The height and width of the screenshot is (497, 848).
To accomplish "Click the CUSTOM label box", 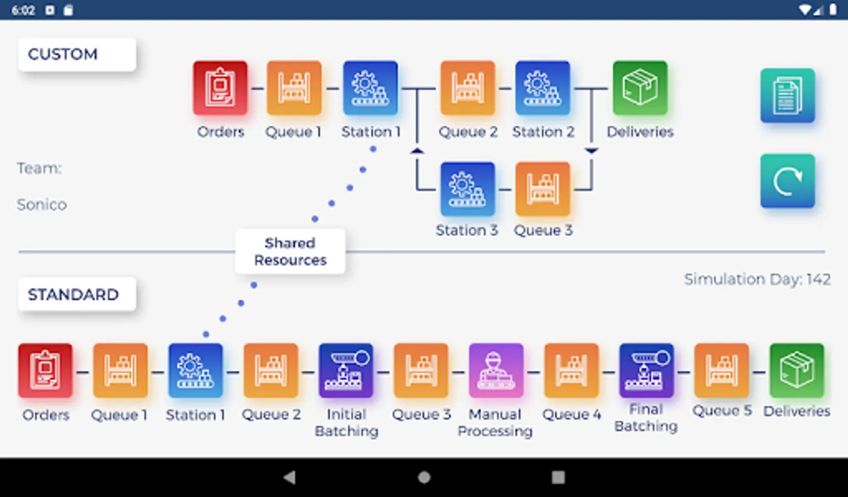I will (x=77, y=54).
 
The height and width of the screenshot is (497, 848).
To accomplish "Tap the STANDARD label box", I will (x=77, y=294).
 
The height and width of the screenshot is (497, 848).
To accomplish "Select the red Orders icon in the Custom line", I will (x=220, y=88).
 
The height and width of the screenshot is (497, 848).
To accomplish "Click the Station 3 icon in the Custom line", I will (x=467, y=189).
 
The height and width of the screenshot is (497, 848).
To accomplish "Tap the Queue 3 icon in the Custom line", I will (x=543, y=189).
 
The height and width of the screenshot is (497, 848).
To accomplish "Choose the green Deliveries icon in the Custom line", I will (x=640, y=88).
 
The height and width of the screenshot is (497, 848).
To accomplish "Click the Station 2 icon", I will (x=543, y=88).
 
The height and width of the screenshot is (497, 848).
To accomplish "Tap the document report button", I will (x=787, y=96).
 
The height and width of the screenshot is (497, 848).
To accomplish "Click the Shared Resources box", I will (x=290, y=251).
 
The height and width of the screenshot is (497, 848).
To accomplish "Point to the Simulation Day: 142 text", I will (x=757, y=279).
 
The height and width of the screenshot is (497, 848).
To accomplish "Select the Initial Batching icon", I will (x=346, y=371).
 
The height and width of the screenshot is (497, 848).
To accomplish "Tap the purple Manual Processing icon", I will (x=496, y=371).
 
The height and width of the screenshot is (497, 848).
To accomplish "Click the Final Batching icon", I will (x=646, y=371).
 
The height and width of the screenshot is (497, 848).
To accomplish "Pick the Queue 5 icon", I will (x=721, y=371).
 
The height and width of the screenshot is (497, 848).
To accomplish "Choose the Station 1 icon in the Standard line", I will (x=195, y=371).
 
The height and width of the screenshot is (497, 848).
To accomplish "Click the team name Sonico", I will (x=42, y=205).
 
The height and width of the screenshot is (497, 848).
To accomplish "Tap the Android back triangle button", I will (x=289, y=477).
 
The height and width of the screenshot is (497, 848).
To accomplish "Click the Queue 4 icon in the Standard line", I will (x=571, y=371).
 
